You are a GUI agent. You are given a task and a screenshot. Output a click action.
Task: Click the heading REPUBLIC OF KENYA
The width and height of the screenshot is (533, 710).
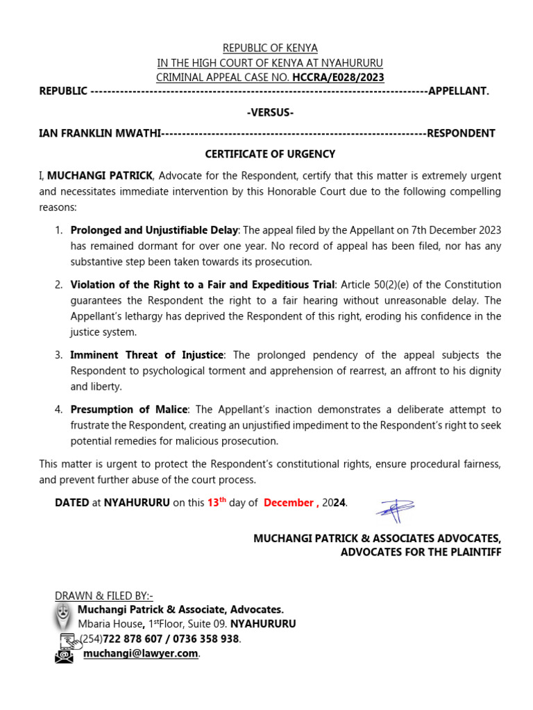(270, 48)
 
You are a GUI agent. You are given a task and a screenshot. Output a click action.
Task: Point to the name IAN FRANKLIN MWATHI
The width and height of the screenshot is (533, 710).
(100, 133)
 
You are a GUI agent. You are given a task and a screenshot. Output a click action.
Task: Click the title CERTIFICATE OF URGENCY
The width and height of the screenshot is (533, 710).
(270, 154)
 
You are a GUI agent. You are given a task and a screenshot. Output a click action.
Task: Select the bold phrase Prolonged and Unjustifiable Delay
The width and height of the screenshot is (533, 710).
(154, 230)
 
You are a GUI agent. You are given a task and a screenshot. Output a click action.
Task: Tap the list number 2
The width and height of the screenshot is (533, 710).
(58, 285)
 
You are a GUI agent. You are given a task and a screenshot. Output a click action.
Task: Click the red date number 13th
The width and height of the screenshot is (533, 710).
(217, 503)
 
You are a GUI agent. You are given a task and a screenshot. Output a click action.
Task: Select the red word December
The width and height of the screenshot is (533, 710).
(288, 503)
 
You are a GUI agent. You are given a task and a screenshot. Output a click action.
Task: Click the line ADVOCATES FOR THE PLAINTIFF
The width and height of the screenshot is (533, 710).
(420, 552)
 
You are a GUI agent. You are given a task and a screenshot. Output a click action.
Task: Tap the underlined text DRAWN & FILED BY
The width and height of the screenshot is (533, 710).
(103, 596)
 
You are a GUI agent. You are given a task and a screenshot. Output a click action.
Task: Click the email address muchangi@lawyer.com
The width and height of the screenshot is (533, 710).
(141, 653)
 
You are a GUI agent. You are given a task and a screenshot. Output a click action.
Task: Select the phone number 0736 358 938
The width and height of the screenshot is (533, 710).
(206, 639)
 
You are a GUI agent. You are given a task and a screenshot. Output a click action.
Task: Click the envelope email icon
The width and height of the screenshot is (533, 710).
(64, 655)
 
